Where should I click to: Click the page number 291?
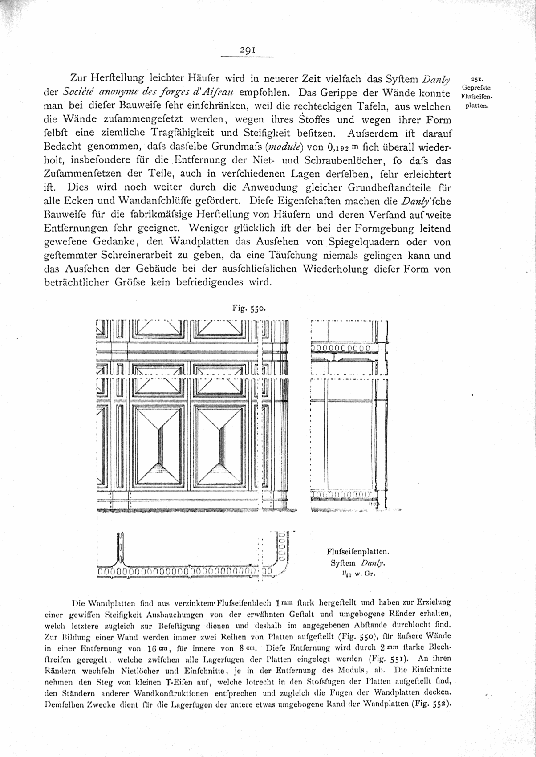247,51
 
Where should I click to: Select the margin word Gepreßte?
477,88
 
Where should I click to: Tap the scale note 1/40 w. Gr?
354,574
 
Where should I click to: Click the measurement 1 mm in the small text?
285,604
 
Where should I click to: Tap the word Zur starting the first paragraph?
80,80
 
